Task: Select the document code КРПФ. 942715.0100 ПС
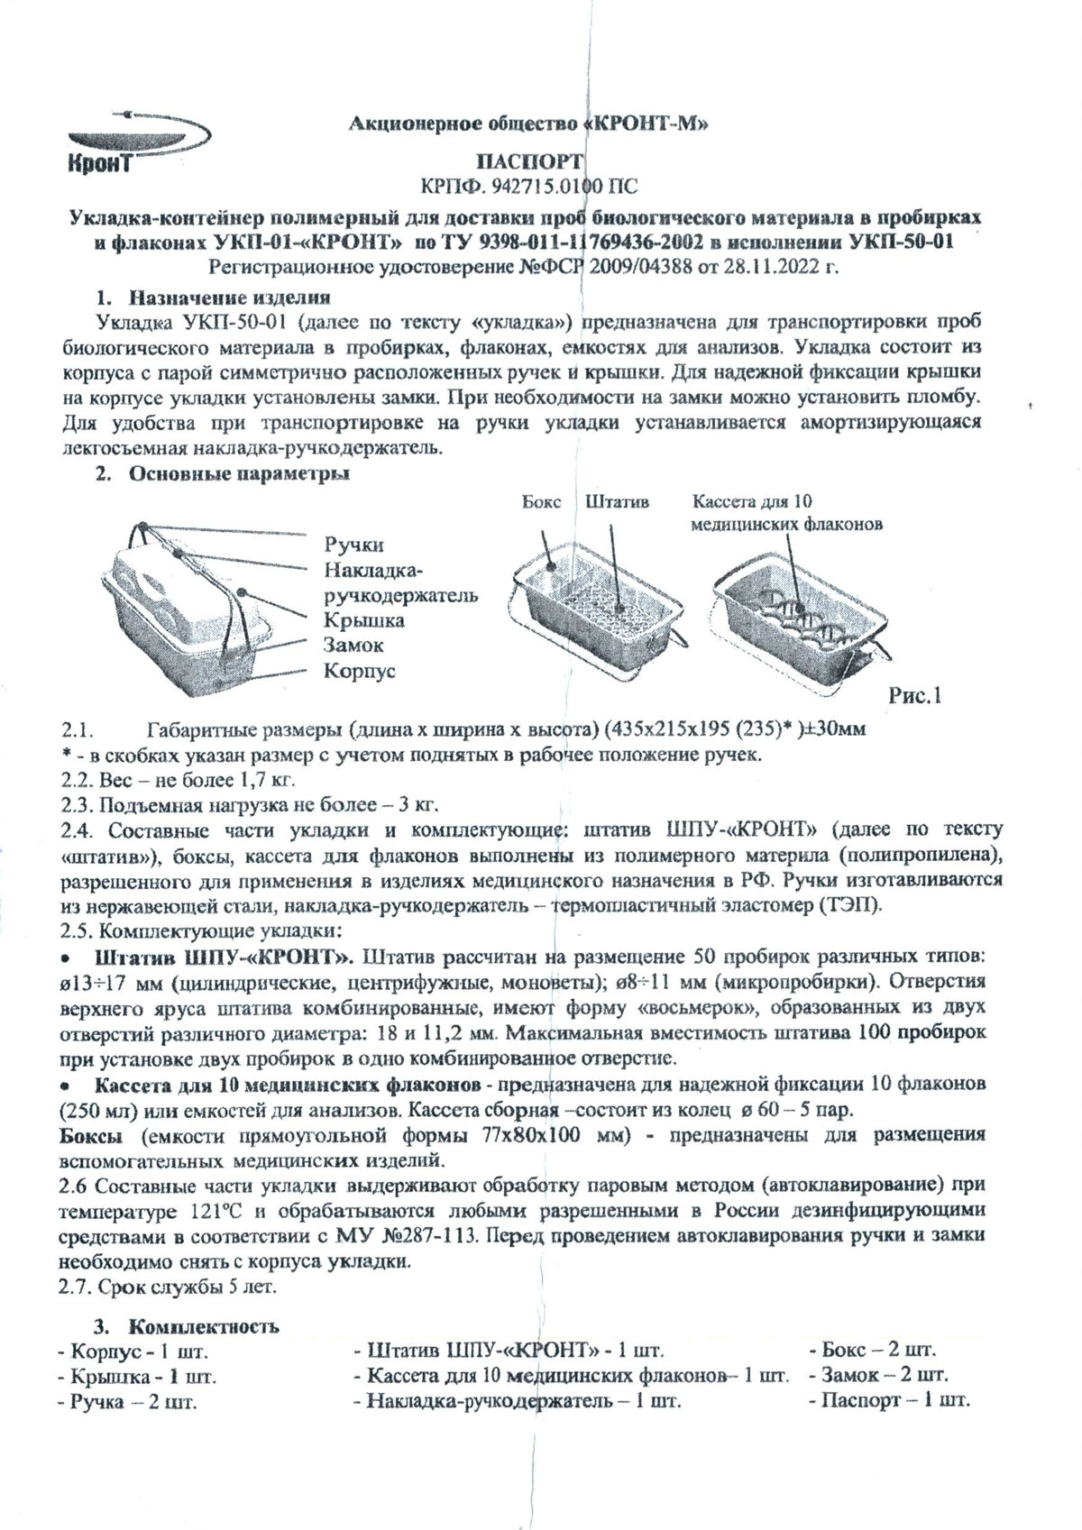point(528,187)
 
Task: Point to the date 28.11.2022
point(766,268)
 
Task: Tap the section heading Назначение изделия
point(229,297)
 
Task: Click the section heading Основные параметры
point(239,472)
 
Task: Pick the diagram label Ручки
point(353,545)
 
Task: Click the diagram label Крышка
point(364,620)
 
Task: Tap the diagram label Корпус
point(360,671)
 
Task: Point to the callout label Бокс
point(541,502)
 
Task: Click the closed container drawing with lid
point(194,613)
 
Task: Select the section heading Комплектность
point(203,1326)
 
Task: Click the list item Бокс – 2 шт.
point(871,1351)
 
